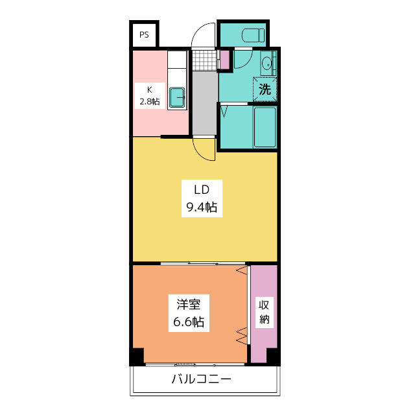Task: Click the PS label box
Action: (x=143, y=35)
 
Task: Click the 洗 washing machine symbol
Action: (x=265, y=89)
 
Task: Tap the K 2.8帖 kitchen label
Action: (x=148, y=96)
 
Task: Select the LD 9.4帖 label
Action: (x=200, y=199)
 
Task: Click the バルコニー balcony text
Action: (x=201, y=380)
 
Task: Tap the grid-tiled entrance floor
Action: (x=204, y=60)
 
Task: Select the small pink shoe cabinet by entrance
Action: (x=224, y=60)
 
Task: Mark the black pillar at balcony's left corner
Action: (x=137, y=357)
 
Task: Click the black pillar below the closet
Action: (x=273, y=357)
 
